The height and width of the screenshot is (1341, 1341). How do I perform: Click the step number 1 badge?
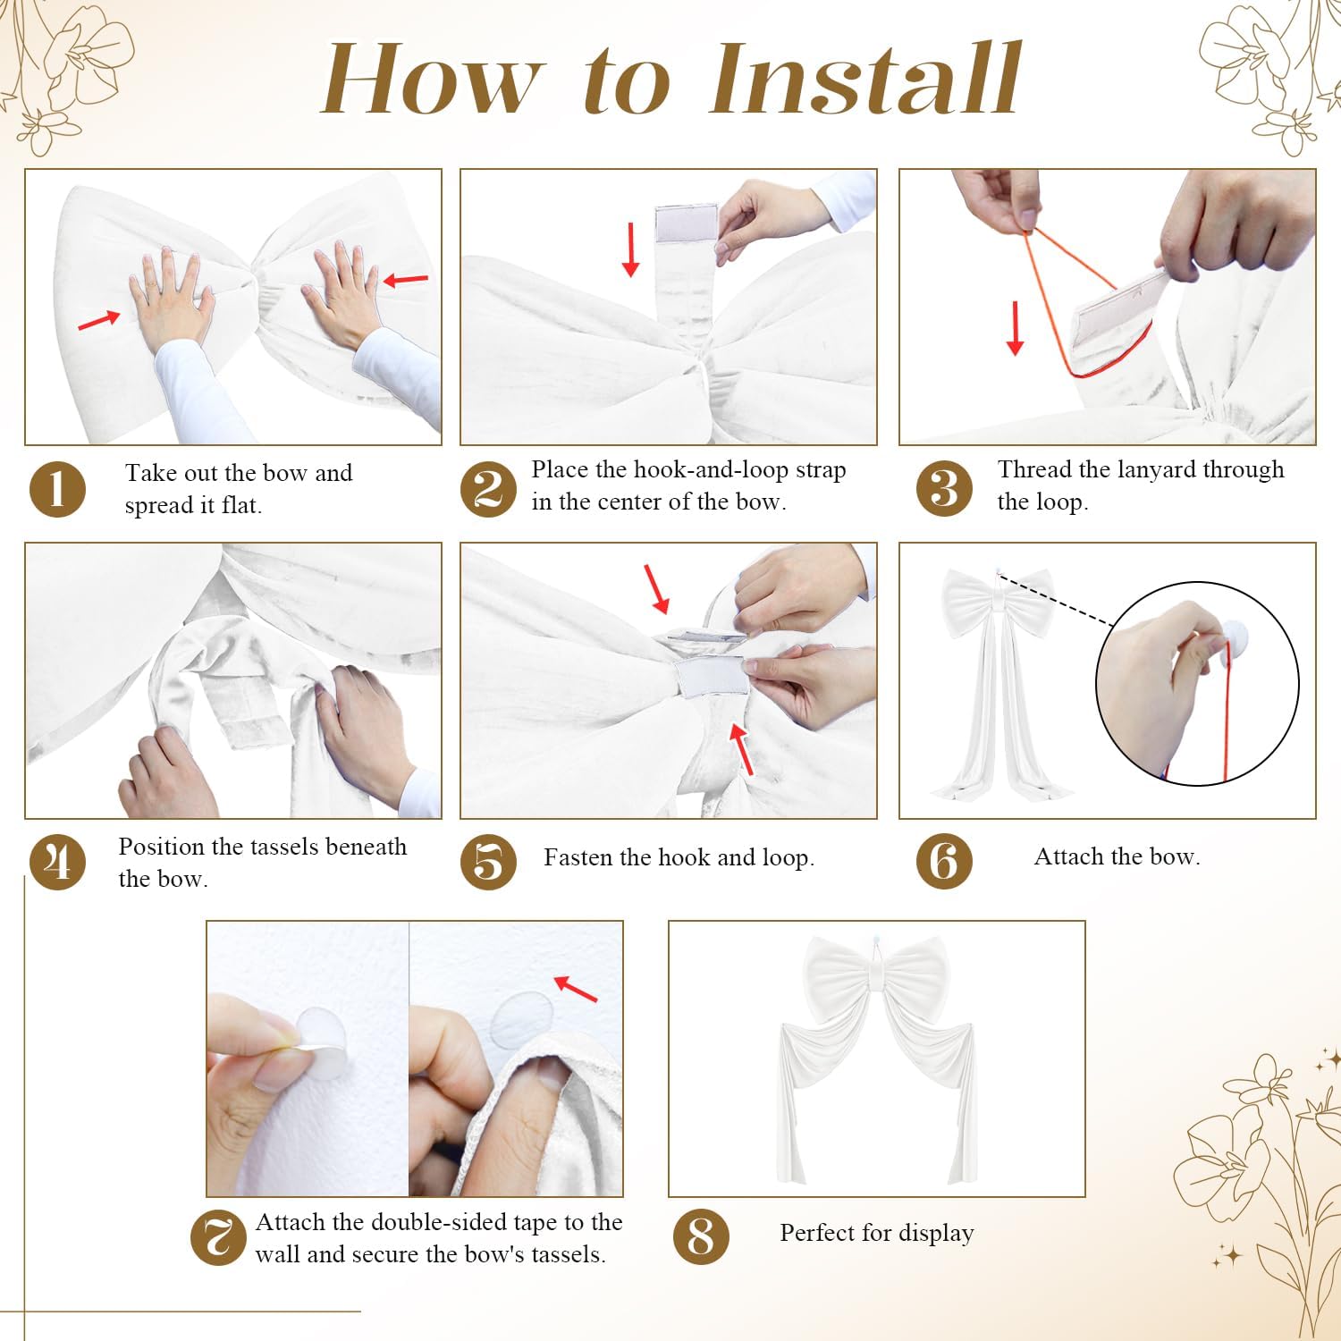click(58, 490)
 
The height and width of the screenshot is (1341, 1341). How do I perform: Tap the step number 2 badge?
click(488, 489)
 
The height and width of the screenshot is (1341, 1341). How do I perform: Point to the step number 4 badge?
click(58, 862)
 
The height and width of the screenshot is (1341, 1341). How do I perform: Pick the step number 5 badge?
click(488, 862)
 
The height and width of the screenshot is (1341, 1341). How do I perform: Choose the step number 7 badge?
click(219, 1238)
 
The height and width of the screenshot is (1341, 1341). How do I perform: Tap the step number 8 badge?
click(701, 1237)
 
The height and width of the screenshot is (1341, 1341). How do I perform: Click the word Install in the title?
click(865, 80)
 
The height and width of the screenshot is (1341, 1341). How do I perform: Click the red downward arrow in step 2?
click(631, 249)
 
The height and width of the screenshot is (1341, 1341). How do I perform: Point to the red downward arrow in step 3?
click(1015, 328)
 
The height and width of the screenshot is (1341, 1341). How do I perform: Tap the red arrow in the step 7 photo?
click(576, 989)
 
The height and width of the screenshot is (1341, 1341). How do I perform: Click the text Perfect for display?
click(877, 1233)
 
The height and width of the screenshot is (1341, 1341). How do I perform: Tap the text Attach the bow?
click(1117, 856)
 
